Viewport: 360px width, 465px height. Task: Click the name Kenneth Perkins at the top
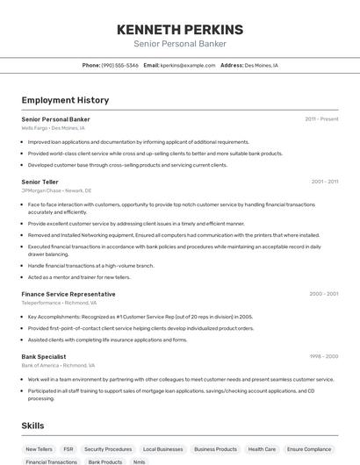pyautogui.click(x=179, y=30)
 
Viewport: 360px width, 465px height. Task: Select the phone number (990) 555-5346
pyautogui.click(x=119, y=65)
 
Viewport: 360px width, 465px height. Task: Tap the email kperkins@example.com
pyautogui.click(x=187, y=65)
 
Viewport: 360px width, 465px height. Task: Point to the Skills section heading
pyautogui.click(x=32, y=426)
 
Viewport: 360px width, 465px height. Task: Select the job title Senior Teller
pyautogui.click(x=40, y=182)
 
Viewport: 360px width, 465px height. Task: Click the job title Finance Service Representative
pyautogui.click(x=68, y=294)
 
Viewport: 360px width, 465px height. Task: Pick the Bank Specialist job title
pyautogui.click(x=45, y=356)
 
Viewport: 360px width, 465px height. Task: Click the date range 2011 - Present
pyautogui.click(x=321, y=118)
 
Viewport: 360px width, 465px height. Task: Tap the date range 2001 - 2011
pyautogui.click(x=324, y=182)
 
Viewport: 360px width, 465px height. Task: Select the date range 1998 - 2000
pyautogui.click(x=323, y=356)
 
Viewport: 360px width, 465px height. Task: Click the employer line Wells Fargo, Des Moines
pyautogui.click(x=54, y=128)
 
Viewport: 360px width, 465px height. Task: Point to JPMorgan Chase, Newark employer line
pyautogui.click(x=56, y=190)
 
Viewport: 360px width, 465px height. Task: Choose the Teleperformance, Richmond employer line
pyautogui.click(x=59, y=303)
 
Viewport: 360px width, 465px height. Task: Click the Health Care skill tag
pyautogui.click(x=262, y=448)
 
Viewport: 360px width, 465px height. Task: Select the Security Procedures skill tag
pyautogui.click(x=108, y=448)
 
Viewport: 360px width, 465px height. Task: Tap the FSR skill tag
pyautogui.click(x=68, y=448)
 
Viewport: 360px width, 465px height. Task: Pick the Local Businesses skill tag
pyautogui.click(x=162, y=448)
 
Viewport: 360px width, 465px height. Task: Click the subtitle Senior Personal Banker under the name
pyautogui.click(x=179, y=44)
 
